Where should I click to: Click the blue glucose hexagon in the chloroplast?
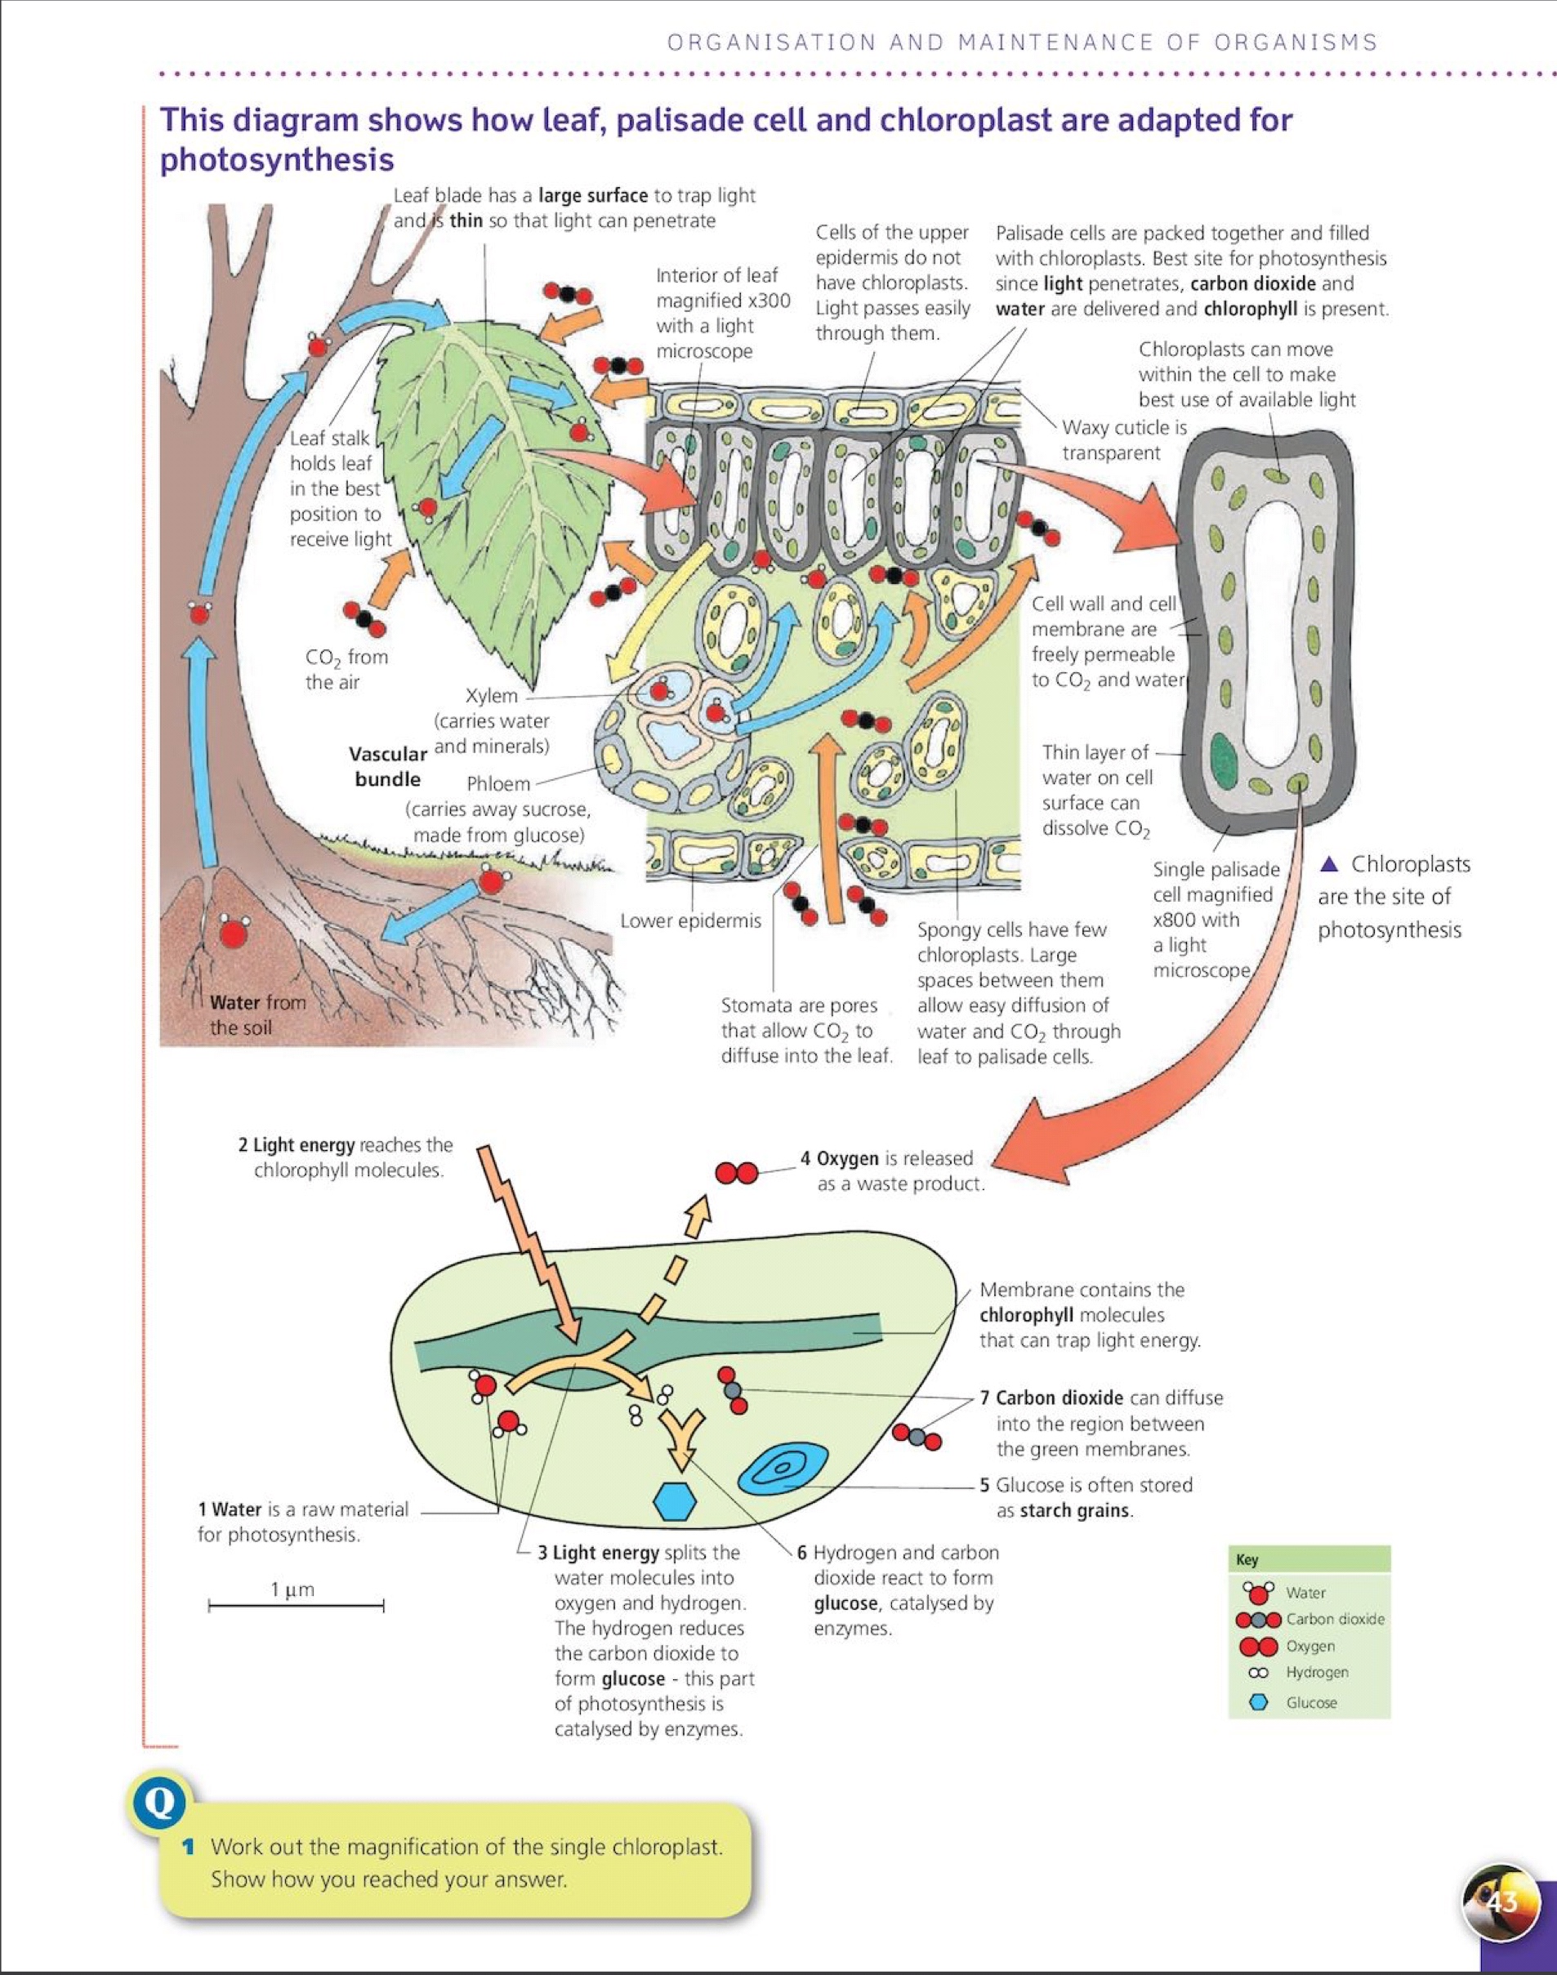[676, 1502]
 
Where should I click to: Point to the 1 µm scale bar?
[296, 1606]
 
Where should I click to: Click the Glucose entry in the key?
[1311, 1702]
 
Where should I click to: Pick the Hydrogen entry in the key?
[1316, 1673]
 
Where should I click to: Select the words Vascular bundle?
[387, 766]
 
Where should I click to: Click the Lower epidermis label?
[690, 921]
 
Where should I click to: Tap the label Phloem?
[497, 784]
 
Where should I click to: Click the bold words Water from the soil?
[257, 1014]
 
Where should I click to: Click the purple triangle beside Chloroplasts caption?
[1331, 863]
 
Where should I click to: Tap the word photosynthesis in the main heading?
[277, 159]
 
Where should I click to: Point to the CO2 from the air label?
[346, 669]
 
